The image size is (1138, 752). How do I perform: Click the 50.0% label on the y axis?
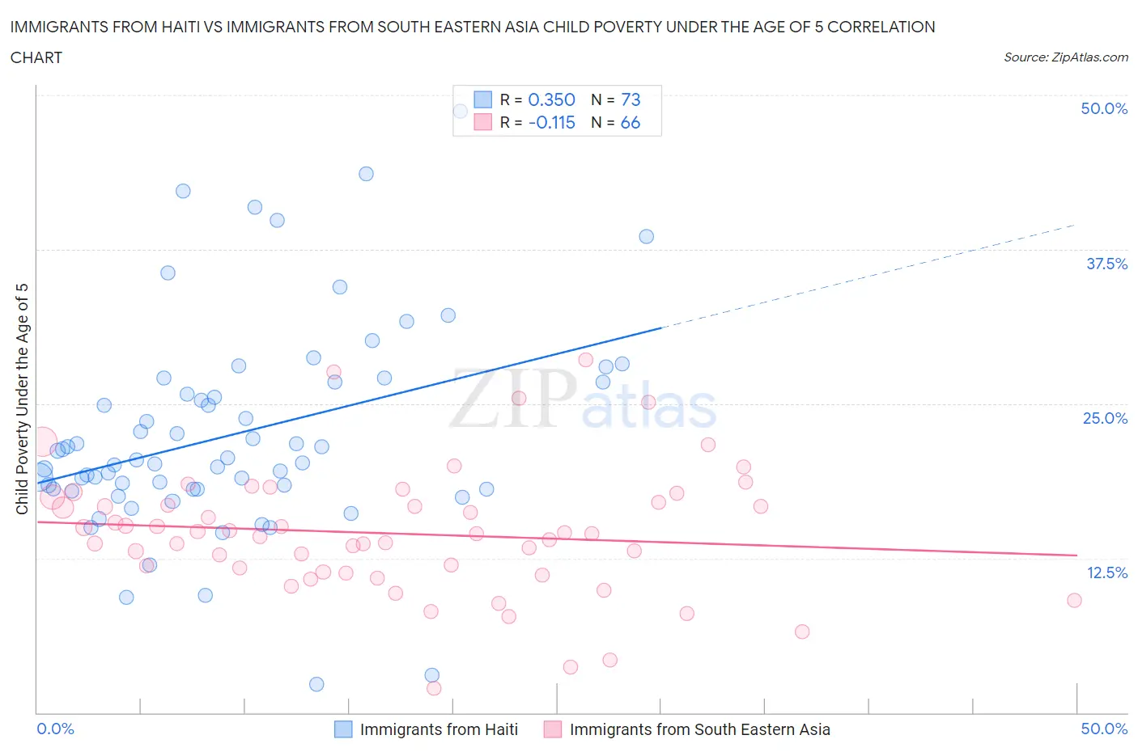(1104, 108)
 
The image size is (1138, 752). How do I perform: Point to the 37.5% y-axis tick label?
(1106, 264)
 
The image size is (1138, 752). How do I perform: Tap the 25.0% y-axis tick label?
(1105, 418)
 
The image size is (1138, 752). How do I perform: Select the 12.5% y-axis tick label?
(1106, 572)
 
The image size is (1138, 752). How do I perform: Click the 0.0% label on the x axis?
(56, 729)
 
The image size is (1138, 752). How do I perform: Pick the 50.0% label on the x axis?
(1104, 729)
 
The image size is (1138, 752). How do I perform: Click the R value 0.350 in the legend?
(551, 99)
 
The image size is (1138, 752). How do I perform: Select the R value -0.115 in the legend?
(551, 122)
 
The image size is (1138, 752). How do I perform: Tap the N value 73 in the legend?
(631, 99)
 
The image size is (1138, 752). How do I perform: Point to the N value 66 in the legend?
(631, 122)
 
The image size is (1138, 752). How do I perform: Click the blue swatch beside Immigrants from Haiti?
(343, 729)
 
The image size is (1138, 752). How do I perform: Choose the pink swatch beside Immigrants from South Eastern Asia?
(553, 729)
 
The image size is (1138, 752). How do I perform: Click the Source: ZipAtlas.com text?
(1065, 57)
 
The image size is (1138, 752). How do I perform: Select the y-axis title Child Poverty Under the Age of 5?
(22, 399)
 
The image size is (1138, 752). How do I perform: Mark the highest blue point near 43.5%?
(366, 174)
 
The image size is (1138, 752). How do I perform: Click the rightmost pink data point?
(1074, 600)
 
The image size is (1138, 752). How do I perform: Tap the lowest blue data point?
(316, 684)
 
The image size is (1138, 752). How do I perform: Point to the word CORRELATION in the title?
(881, 27)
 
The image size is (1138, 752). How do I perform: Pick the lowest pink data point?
(434, 688)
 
